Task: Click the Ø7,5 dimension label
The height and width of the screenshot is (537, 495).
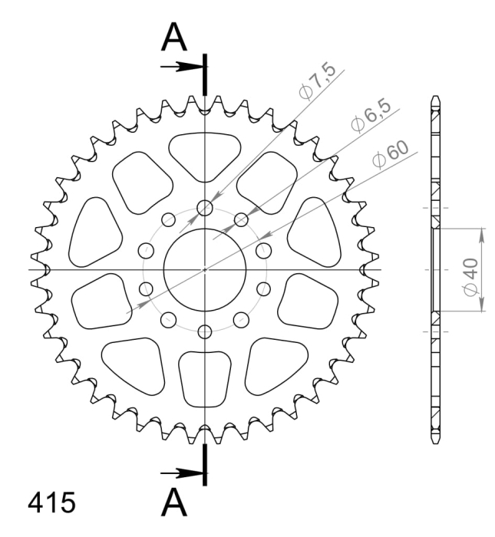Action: [317, 81]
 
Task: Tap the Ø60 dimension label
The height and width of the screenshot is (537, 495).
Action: [391, 155]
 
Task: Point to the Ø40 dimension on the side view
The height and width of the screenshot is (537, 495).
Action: [470, 277]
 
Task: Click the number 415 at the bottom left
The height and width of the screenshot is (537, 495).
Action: [51, 502]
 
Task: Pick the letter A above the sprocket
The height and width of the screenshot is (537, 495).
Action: [174, 37]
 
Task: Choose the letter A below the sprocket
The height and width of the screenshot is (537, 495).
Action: [174, 502]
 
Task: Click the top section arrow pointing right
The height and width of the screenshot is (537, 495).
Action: [183, 67]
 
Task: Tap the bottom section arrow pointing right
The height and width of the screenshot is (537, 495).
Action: [183, 473]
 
